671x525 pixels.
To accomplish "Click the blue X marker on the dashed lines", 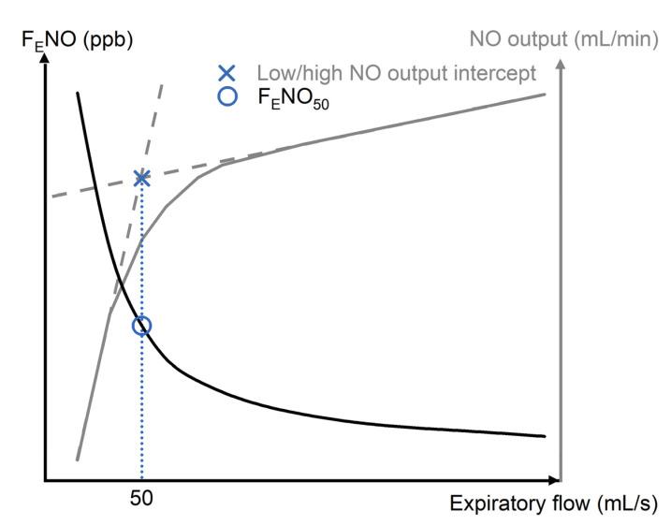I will [x=141, y=178].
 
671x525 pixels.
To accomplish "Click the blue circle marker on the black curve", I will [x=141, y=326].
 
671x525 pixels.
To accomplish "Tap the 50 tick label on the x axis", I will [x=141, y=498].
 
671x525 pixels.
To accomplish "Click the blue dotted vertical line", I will [x=141, y=412].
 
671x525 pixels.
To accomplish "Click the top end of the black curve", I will [x=77, y=92].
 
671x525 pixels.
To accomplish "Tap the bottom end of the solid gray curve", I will [x=77, y=459].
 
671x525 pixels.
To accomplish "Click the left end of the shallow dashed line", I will [x=52, y=196].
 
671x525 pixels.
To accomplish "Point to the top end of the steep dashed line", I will [x=162, y=83].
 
